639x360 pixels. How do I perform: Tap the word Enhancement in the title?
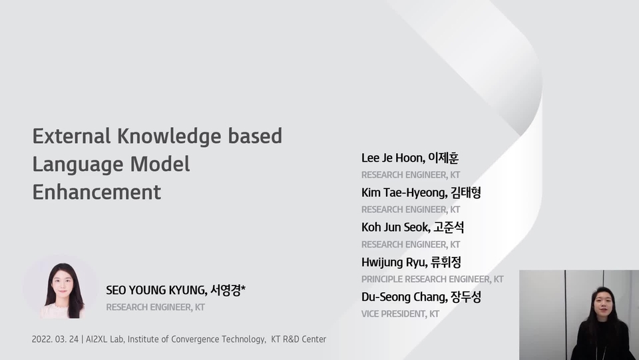[x=97, y=192]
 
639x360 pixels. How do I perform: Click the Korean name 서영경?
[x=228, y=290]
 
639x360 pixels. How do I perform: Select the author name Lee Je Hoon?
[x=392, y=158]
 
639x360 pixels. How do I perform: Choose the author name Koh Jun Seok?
[x=393, y=227]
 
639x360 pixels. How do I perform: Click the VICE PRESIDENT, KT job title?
[x=400, y=313]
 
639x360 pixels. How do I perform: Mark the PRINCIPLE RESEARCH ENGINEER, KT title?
[x=432, y=279]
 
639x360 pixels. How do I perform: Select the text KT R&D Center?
[x=299, y=339]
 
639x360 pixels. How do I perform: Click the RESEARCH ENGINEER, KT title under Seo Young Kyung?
[x=155, y=307]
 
